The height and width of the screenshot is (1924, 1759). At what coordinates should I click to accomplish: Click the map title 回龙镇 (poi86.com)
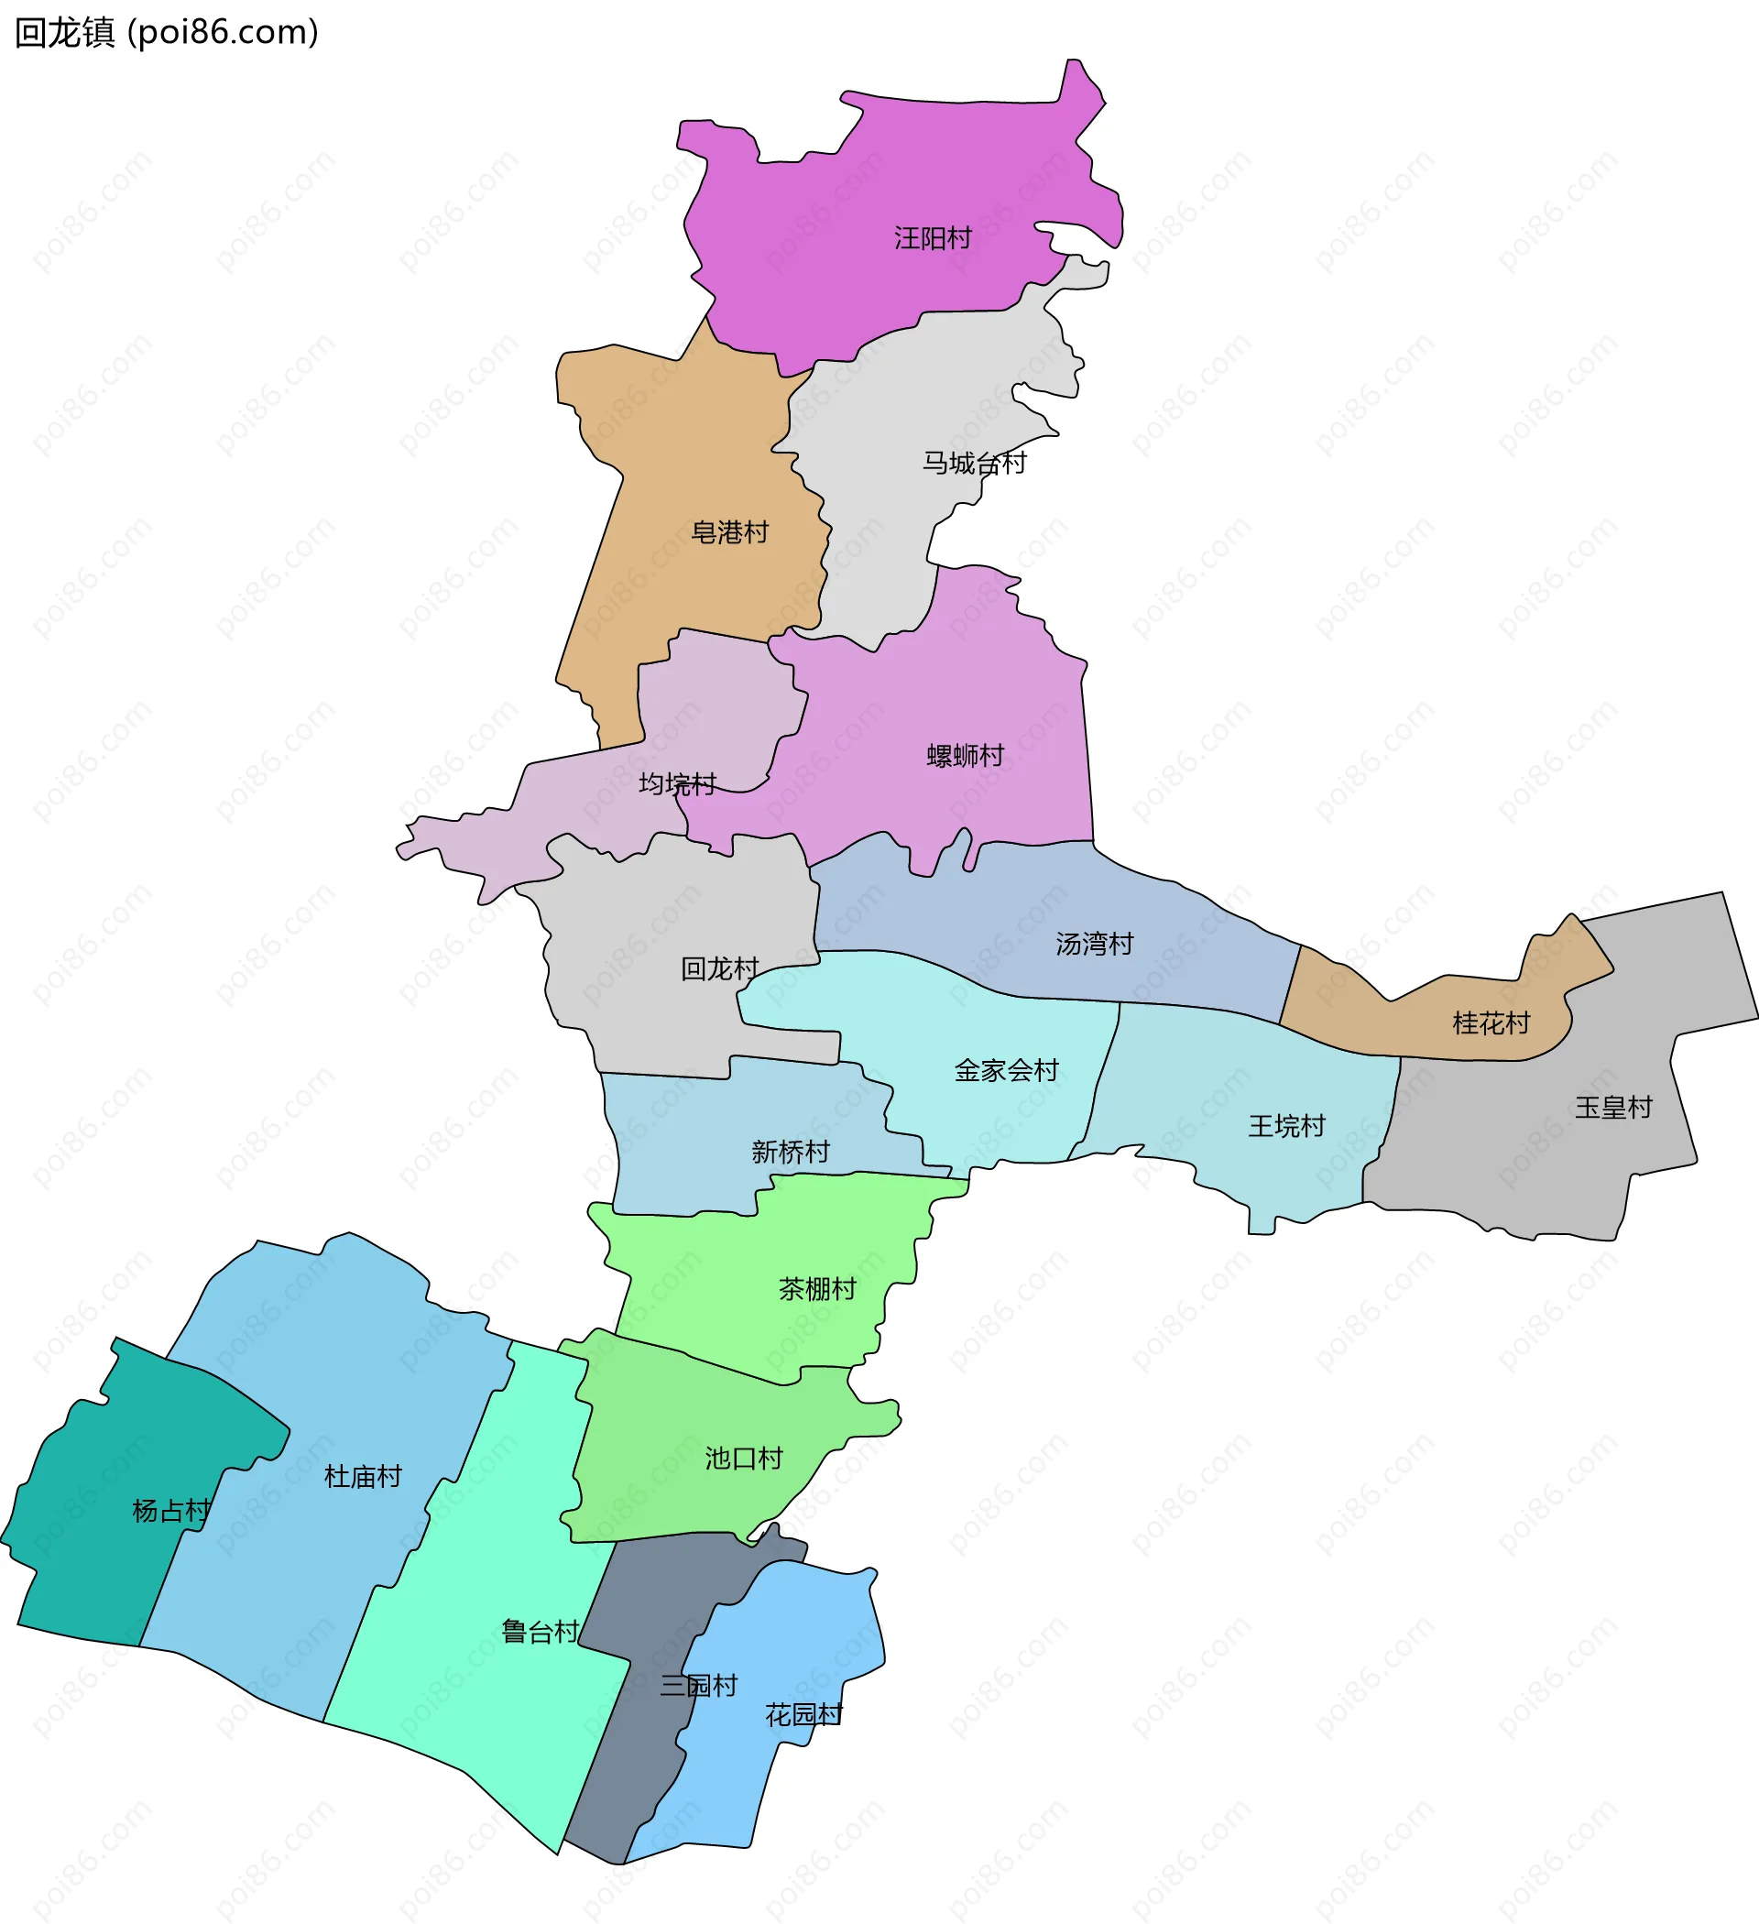click(x=166, y=32)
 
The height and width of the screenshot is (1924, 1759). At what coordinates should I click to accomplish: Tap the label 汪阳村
click(x=933, y=237)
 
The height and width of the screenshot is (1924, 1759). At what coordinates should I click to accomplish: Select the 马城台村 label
click(x=974, y=463)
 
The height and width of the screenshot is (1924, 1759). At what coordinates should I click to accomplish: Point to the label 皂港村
click(x=729, y=532)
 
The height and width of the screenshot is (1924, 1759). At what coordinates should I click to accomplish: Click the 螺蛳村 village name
click(x=965, y=756)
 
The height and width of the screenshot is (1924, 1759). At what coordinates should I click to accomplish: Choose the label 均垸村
click(x=677, y=784)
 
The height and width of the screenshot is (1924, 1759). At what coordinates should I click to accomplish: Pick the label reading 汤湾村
click(x=1094, y=944)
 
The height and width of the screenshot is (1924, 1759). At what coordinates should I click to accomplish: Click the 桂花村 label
click(x=1491, y=1023)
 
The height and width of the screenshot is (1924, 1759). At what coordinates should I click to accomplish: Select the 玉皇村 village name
click(x=1613, y=1107)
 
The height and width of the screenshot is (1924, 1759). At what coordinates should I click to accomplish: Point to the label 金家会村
click(x=1006, y=1070)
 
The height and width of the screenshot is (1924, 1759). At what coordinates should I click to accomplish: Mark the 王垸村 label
click(x=1286, y=1126)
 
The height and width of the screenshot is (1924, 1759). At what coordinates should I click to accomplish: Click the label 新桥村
click(x=791, y=1152)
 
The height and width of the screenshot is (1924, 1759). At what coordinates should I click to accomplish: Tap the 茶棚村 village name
click(x=817, y=1289)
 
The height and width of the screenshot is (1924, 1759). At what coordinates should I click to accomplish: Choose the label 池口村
click(x=744, y=1459)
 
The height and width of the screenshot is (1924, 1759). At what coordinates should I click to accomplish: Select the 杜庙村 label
click(x=363, y=1476)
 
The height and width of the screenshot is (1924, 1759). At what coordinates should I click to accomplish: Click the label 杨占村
click(x=170, y=1511)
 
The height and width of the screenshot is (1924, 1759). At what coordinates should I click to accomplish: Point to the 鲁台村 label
click(x=541, y=1632)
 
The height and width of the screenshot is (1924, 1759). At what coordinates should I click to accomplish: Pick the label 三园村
click(x=699, y=1686)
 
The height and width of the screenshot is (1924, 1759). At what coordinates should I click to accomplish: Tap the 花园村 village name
click(x=803, y=1715)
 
